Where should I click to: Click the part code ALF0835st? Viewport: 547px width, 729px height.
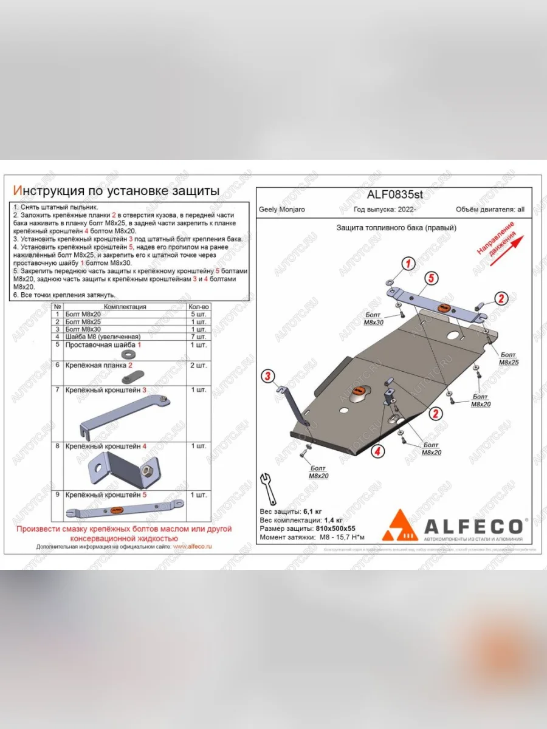(394, 196)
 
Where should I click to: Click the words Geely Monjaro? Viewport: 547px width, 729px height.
(282, 210)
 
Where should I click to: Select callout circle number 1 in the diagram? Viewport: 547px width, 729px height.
(408, 263)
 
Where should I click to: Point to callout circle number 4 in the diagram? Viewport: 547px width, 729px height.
(377, 450)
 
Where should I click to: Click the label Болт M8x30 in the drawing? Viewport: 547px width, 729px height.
(374, 320)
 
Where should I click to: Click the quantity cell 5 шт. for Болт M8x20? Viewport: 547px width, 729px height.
(199, 314)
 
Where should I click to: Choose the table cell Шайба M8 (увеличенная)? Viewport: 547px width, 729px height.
(102, 337)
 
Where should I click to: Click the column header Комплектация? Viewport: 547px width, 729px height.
(125, 307)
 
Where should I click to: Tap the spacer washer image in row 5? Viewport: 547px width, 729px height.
(128, 354)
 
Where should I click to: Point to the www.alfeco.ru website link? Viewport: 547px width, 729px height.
(192, 547)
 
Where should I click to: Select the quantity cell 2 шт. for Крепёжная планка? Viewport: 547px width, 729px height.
(199, 365)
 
